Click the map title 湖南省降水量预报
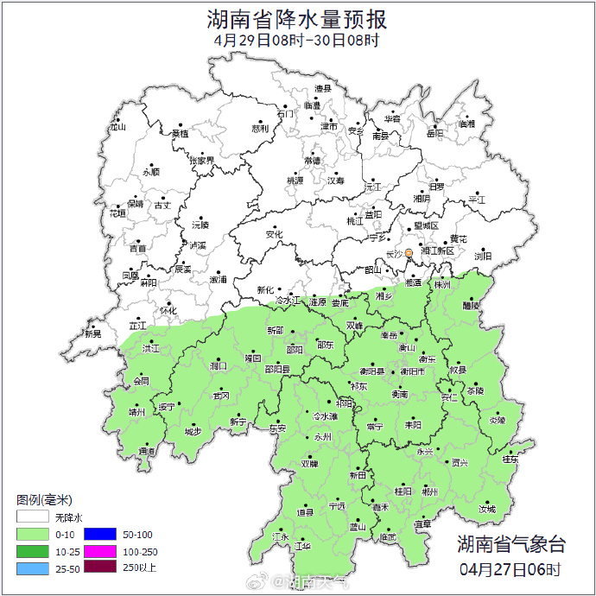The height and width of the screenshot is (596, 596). point(297,17)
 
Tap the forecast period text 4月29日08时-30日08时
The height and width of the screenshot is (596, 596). point(297,40)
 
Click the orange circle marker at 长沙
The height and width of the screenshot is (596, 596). point(409,253)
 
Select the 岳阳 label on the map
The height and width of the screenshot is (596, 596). point(434,133)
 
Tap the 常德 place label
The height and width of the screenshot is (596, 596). point(313,161)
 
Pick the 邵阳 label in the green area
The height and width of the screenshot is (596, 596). point(295,350)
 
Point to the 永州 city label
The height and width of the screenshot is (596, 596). point(322,437)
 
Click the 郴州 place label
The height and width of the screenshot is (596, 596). point(429,491)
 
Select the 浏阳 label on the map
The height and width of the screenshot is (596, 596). point(483,256)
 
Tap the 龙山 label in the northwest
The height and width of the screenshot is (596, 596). point(117,127)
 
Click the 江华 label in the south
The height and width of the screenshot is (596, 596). point(302,546)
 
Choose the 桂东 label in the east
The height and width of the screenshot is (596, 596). point(510,460)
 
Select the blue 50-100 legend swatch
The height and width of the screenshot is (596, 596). point(98,535)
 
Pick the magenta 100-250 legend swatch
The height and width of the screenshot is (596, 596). point(98,551)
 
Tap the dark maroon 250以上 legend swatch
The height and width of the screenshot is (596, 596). point(98,567)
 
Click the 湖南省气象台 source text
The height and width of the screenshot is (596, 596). point(510,544)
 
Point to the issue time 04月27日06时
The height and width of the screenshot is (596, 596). point(510,569)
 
